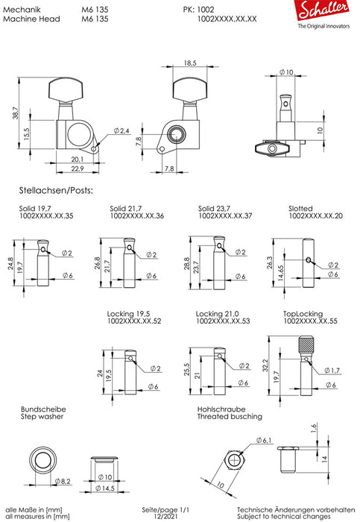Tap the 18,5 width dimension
189,65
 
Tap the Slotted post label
300,207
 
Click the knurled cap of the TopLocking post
306,345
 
